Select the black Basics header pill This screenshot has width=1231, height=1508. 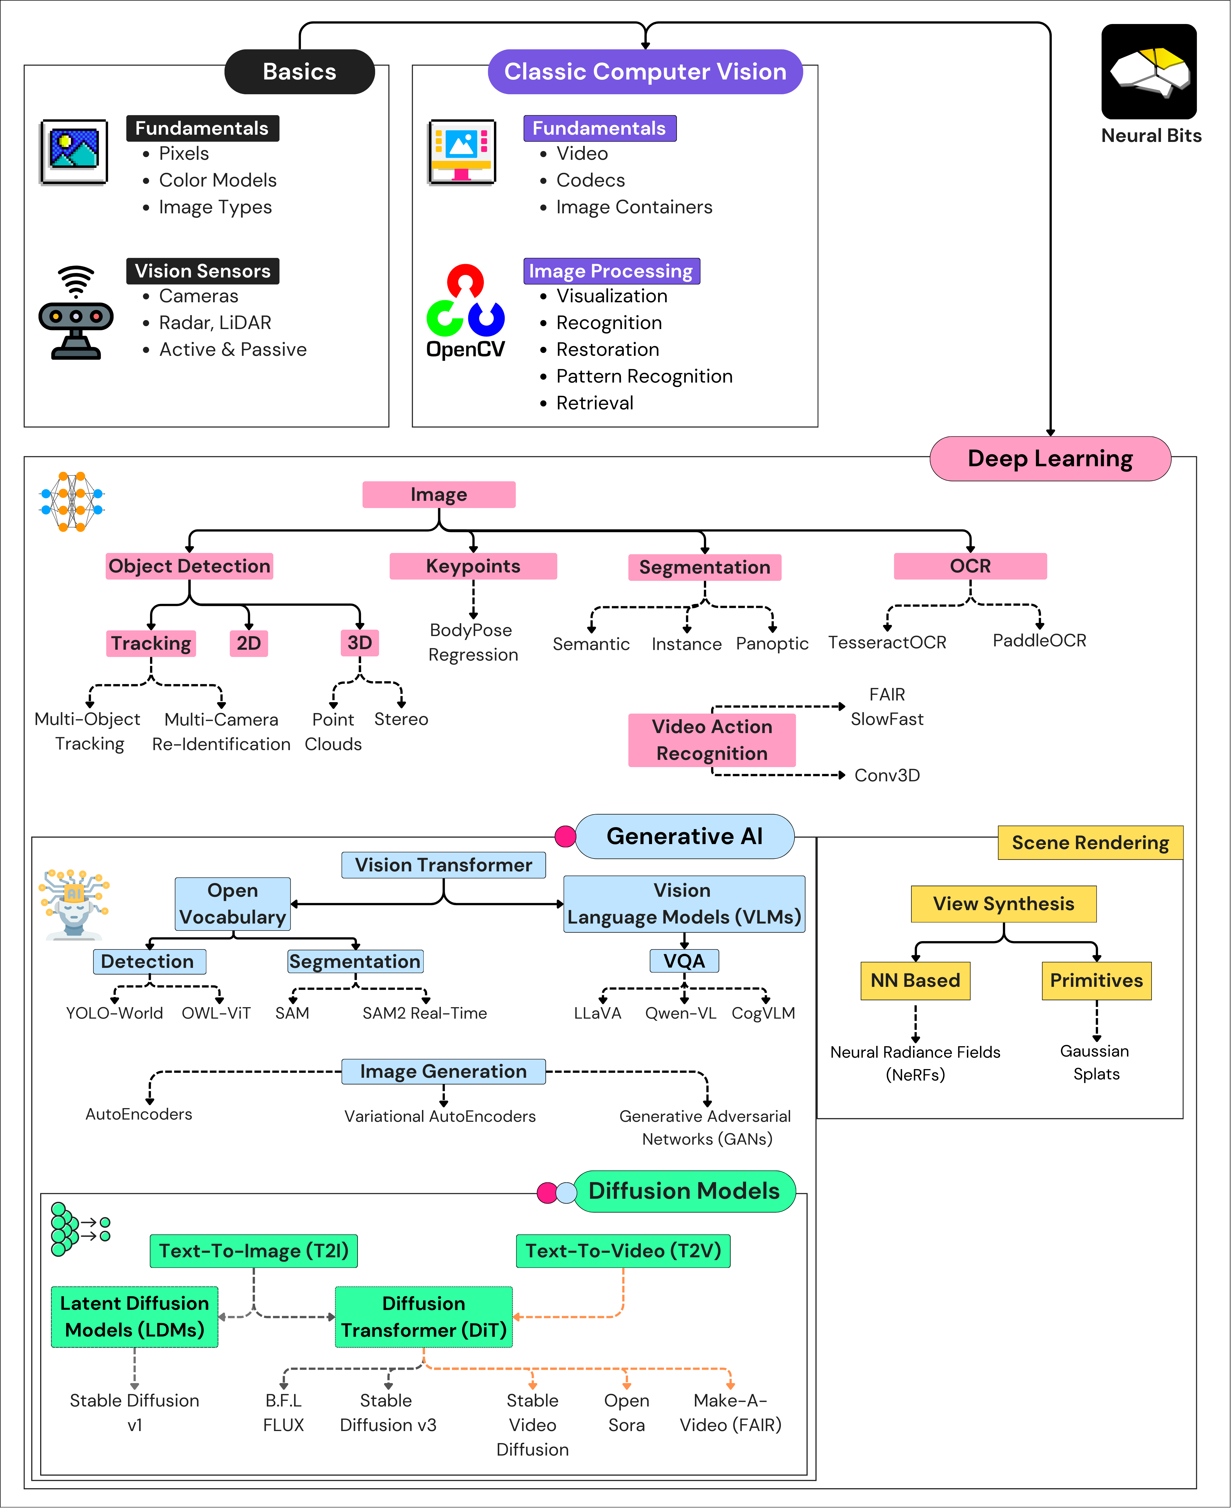[x=299, y=72]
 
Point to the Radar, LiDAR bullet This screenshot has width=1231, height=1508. [x=215, y=323]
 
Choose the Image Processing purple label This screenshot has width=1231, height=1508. [x=610, y=271]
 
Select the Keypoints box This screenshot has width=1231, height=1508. [x=473, y=566]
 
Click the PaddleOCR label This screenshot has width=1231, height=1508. [x=1039, y=640]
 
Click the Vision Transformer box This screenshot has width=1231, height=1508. [x=443, y=865]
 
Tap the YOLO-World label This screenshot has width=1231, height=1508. [x=114, y=1013]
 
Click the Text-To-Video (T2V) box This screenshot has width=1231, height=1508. [x=622, y=1251]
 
